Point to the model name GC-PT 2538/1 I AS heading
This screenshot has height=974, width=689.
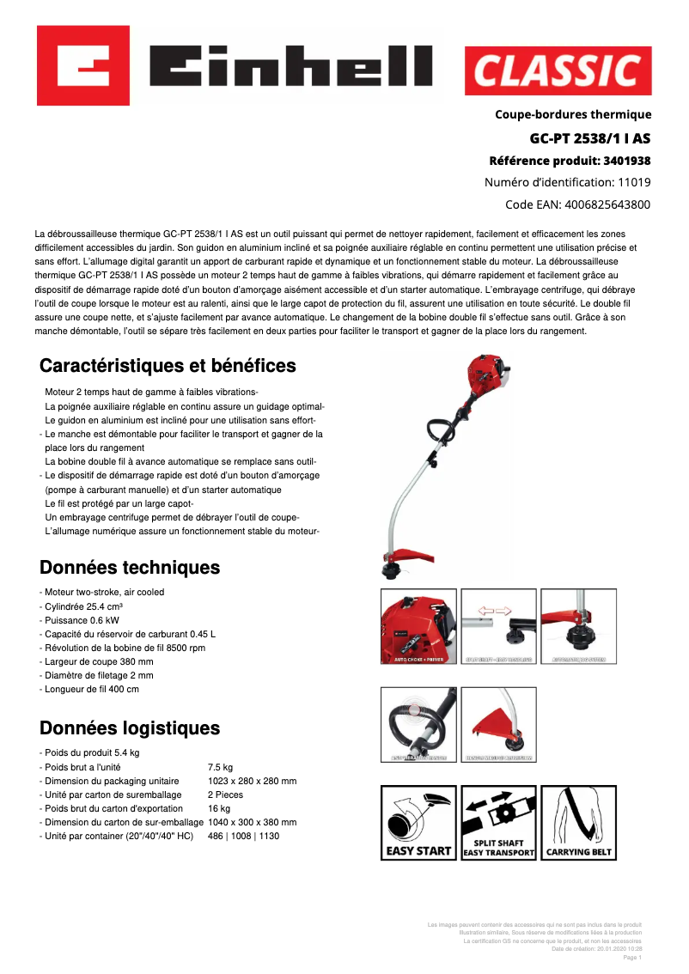[589, 137]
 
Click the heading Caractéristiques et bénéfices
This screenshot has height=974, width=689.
[168, 366]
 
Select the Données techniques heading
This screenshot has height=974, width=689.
[130, 568]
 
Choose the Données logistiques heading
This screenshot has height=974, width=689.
[130, 728]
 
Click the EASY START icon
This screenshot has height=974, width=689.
[417, 823]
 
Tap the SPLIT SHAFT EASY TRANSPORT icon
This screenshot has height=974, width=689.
[499, 823]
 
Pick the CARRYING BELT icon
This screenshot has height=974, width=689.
[580, 823]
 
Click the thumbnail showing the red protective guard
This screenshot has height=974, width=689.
[499, 724]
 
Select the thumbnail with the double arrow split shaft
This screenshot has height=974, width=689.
[499, 626]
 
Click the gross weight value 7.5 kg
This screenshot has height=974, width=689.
[220, 767]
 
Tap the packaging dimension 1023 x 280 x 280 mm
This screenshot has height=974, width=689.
[252, 781]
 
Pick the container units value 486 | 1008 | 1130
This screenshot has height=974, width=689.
[243, 836]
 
